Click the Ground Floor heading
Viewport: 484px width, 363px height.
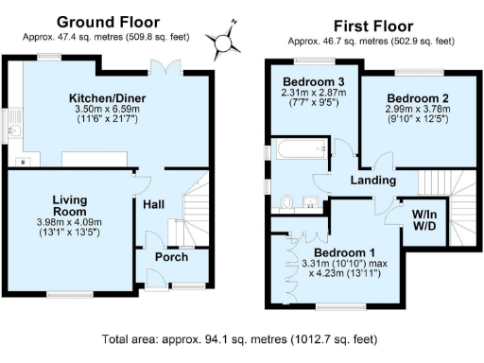coord(108,22)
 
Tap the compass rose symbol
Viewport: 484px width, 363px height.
coord(224,41)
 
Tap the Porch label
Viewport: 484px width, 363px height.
coord(171,257)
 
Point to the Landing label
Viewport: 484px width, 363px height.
coord(373,181)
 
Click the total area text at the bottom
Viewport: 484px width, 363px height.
coord(242,338)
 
